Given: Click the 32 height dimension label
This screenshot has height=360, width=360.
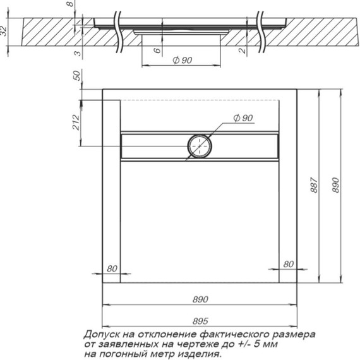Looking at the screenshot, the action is point(3,31).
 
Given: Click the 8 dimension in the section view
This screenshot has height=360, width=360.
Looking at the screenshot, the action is point(71,4).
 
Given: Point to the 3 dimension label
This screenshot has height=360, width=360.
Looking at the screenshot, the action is point(78,53).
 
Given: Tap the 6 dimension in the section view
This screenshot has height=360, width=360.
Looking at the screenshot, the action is point(157,51).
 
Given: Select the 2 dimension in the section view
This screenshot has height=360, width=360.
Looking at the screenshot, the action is point(243,51).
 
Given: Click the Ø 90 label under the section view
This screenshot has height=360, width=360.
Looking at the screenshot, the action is point(183,61).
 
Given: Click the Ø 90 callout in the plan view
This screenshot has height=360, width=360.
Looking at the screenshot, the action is point(243,118).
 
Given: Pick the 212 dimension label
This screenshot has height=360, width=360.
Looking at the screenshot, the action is point(76,123).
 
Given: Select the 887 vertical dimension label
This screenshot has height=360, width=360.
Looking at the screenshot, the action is point(315,185).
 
